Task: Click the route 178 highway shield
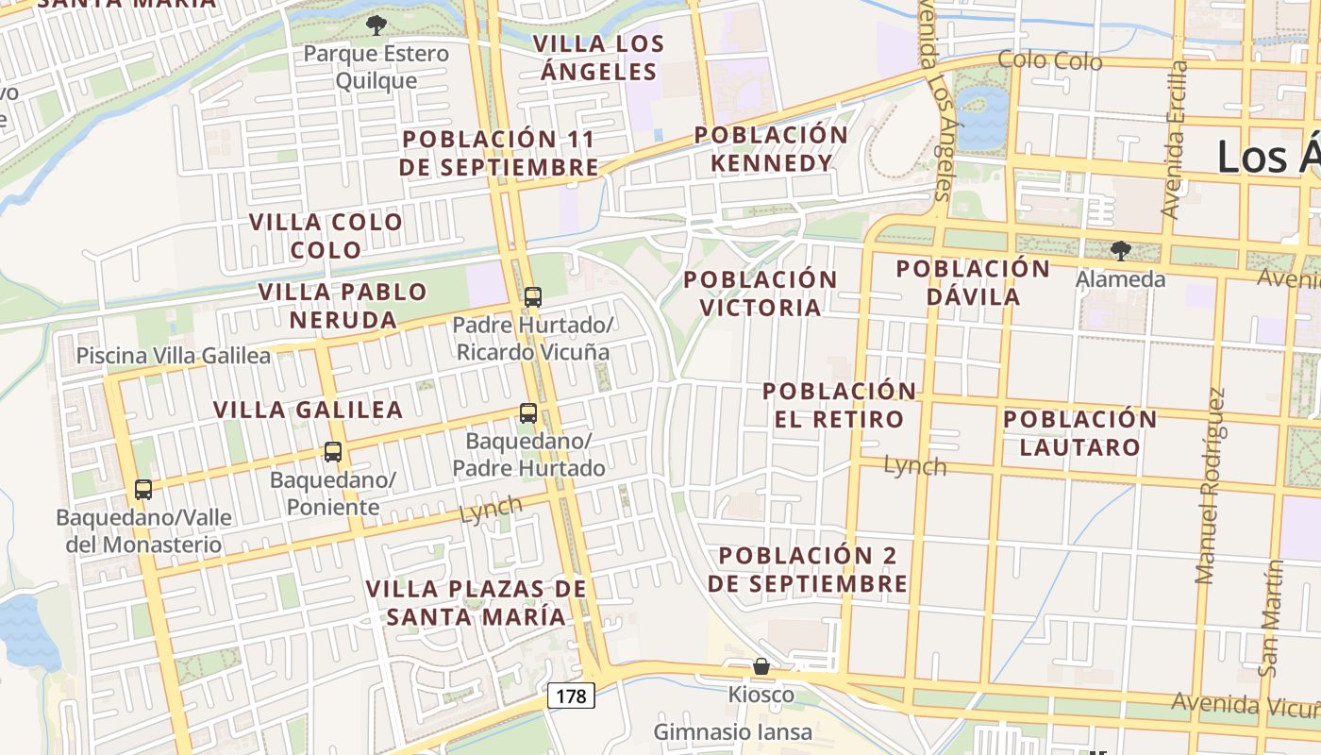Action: (571, 696)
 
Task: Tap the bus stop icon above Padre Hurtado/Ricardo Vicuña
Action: (533, 297)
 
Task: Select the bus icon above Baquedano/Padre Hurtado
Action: (528, 413)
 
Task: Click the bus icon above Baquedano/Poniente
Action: (333, 452)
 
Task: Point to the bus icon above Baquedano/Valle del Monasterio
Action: (143, 490)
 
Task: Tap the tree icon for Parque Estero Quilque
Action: (376, 25)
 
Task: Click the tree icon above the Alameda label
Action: (1120, 251)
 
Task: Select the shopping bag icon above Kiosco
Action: (761, 667)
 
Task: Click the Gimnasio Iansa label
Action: (733, 731)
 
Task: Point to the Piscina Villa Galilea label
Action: (174, 356)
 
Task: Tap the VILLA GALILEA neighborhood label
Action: (309, 410)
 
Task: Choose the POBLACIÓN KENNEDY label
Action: (772, 148)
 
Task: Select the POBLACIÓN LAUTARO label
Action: (1080, 432)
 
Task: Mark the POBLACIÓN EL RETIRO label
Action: (839, 404)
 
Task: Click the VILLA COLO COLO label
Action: (326, 236)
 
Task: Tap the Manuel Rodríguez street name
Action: (1212, 486)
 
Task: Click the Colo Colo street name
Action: (1050, 61)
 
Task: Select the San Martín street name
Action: (1271, 618)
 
